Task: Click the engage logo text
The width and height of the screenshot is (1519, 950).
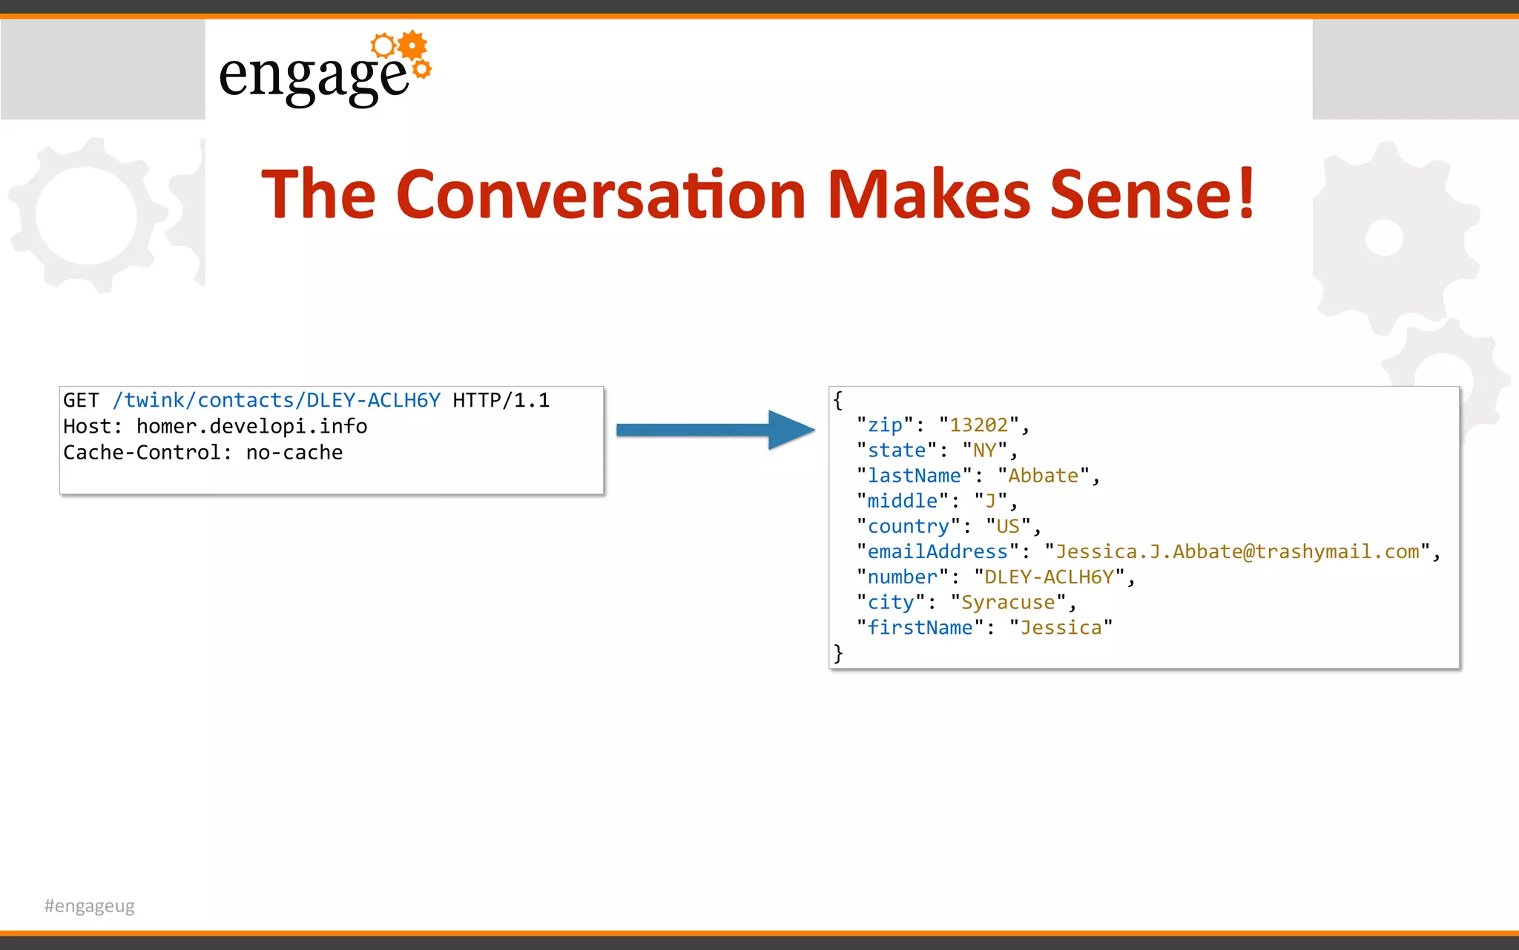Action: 313,75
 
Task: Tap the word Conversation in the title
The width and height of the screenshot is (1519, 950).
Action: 601,194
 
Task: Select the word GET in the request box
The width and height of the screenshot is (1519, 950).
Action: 80,401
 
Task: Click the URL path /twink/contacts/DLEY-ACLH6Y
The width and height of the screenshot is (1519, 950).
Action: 276,401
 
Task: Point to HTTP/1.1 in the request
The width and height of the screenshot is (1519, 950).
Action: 501,401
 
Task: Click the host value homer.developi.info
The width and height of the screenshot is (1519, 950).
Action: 251,427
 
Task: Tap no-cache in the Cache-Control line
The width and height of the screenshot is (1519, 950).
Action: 294,453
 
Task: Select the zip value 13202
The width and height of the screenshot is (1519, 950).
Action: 978,425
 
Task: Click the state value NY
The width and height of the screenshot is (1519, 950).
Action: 984,451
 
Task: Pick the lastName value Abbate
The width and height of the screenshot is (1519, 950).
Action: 1043,476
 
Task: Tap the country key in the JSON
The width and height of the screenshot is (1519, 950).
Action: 908,526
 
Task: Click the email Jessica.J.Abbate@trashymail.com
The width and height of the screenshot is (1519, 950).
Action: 1237,551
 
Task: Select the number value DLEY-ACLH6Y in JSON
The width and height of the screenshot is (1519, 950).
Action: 1049,577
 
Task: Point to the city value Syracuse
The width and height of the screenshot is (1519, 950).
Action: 1008,602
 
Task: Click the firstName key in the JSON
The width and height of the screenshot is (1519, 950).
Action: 920,627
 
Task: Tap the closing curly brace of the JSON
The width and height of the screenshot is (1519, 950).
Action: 838,653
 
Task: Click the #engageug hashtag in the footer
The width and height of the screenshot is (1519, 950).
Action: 90,905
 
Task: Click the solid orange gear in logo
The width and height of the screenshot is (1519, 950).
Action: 412,45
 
